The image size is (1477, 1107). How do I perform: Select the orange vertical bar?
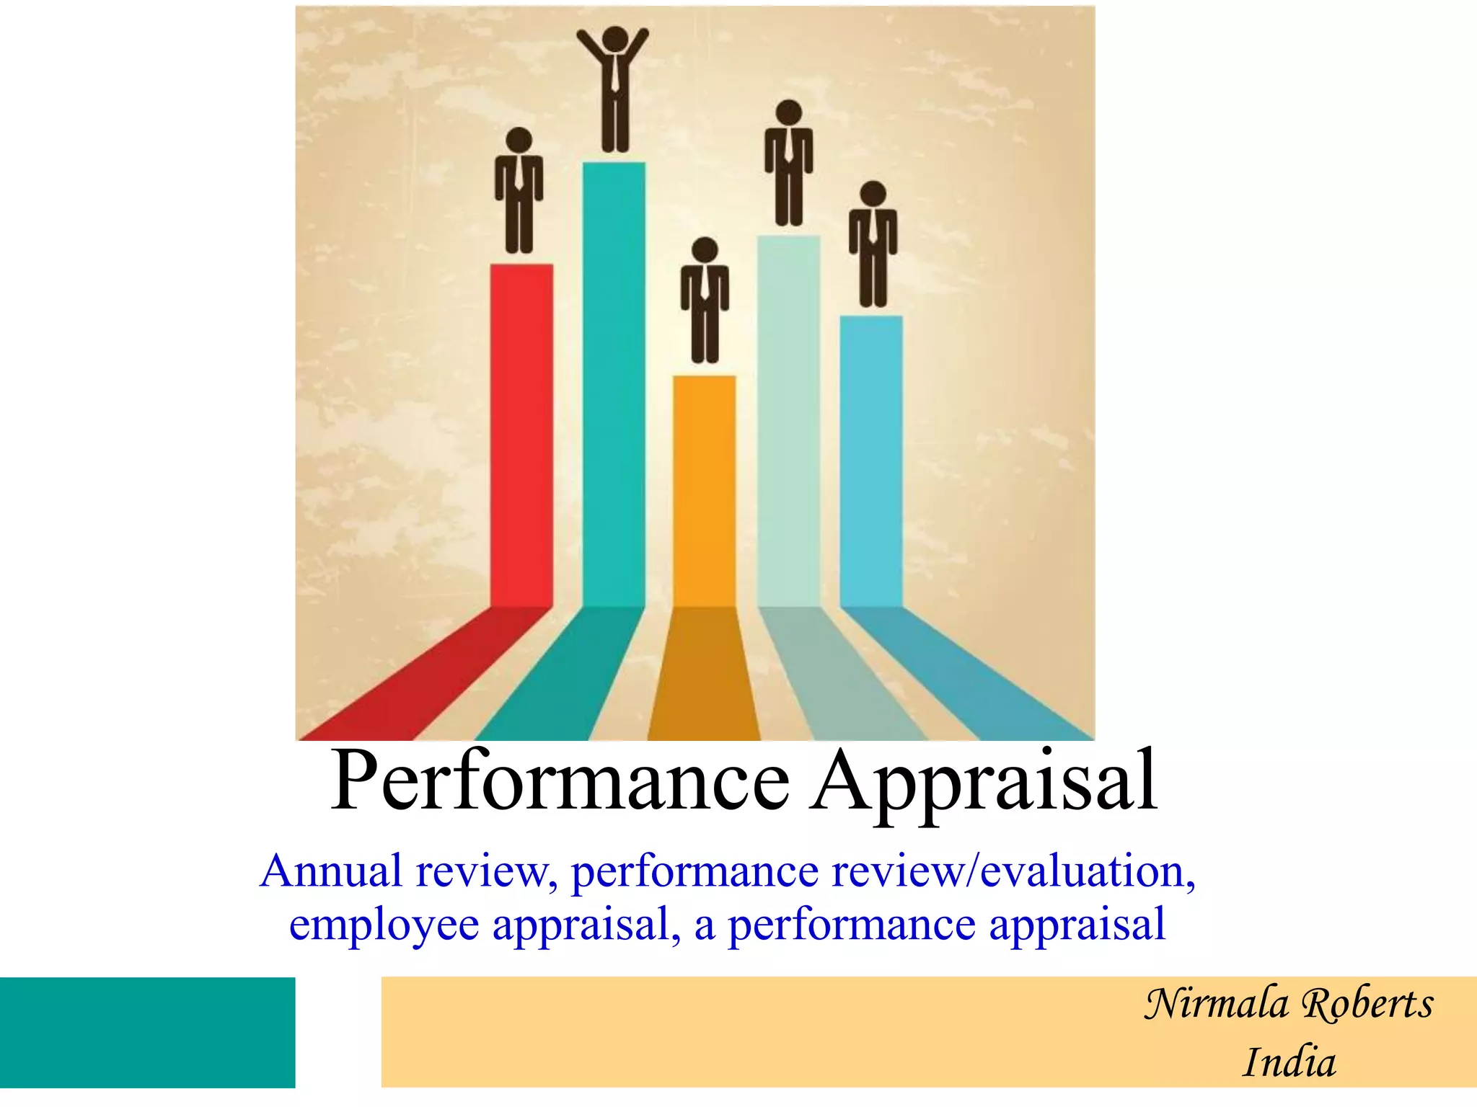pyautogui.click(x=705, y=490)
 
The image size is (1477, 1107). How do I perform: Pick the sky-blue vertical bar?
pyautogui.click(x=871, y=461)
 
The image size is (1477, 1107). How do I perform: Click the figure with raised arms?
pyautogui.click(x=614, y=90)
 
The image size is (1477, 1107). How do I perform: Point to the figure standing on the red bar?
pyautogui.click(x=519, y=191)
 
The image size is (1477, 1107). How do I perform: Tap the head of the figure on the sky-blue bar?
pyautogui.click(x=873, y=194)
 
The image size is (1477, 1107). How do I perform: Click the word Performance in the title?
pyautogui.click(x=560, y=782)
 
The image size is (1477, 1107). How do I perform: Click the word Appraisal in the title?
pyautogui.click(x=984, y=782)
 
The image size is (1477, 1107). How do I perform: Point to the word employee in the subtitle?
pyautogui.click(x=384, y=925)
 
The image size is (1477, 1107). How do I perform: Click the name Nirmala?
pyautogui.click(x=1216, y=1004)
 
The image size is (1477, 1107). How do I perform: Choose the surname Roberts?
pyautogui.click(x=1368, y=1004)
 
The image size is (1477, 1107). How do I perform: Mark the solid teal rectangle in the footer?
pyautogui.click(x=147, y=1032)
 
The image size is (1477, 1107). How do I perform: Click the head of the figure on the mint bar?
pyautogui.click(x=789, y=113)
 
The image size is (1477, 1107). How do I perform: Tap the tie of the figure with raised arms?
pyautogui.click(x=614, y=72)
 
